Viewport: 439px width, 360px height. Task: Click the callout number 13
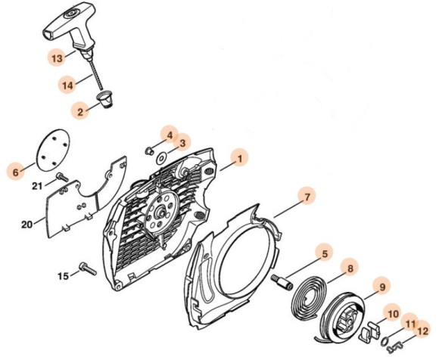point(57,58)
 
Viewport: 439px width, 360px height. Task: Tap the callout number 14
point(67,85)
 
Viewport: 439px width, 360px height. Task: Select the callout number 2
point(80,112)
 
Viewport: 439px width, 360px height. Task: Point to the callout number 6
point(16,172)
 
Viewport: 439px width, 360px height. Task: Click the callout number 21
point(37,186)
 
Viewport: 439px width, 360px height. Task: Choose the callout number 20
point(27,225)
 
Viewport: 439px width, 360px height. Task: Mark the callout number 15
point(63,276)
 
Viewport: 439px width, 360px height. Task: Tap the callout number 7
point(307,197)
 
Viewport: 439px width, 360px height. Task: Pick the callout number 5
point(325,254)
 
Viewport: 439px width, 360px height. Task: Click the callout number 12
point(423,331)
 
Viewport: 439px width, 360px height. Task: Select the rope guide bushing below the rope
point(105,99)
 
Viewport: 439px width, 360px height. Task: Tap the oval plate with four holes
point(53,150)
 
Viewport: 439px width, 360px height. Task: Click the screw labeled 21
point(62,177)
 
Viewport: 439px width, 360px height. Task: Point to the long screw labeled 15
point(88,268)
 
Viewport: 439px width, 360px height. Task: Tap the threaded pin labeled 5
point(282,283)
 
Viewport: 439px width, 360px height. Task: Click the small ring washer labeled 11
point(385,341)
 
